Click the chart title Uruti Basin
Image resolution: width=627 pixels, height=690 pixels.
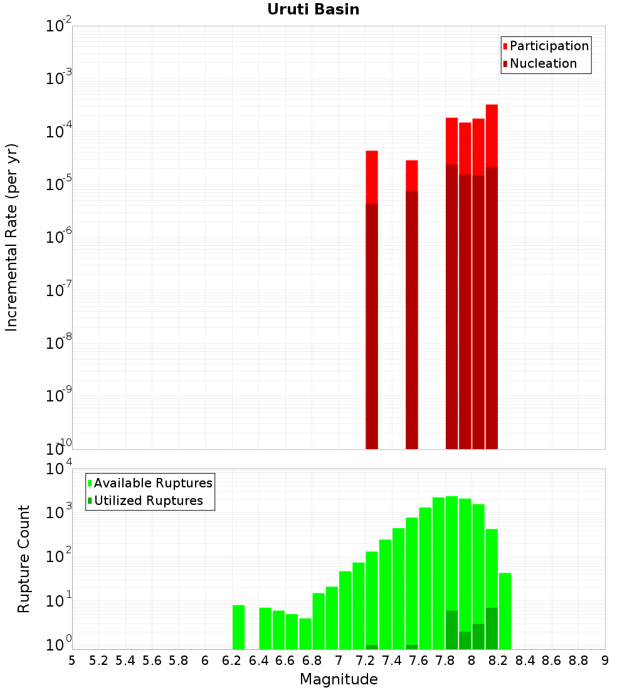[x=313, y=9]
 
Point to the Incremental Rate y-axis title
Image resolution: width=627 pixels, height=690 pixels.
[x=11, y=237]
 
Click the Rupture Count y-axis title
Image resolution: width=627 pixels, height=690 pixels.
[x=24, y=559]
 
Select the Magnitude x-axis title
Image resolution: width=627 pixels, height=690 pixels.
[x=339, y=679]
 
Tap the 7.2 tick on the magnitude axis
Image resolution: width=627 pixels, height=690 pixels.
[x=365, y=661]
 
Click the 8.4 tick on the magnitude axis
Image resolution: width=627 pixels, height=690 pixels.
[x=525, y=661]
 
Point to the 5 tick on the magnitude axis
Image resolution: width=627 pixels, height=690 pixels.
[x=72, y=661]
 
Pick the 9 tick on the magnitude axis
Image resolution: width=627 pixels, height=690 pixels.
[x=605, y=661]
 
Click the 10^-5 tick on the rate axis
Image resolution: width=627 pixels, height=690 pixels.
[x=59, y=184]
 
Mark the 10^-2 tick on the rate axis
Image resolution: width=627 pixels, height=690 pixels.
[x=59, y=26]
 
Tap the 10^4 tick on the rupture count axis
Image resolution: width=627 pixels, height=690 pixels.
[x=59, y=469]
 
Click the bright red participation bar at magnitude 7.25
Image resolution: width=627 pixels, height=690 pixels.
[x=372, y=176]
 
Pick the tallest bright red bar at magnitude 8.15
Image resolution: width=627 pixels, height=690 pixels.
[x=492, y=135]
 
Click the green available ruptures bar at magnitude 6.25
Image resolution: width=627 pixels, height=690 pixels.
[x=238, y=627]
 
